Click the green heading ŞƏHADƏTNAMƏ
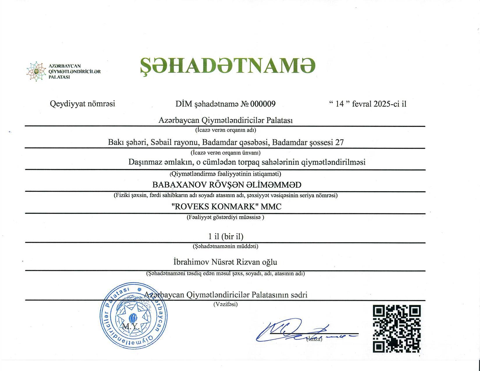pos(228,65)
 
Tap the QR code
pos(397,329)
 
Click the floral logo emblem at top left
pos(36,71)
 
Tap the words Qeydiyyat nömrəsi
pos(82,104)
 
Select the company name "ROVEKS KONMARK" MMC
pos(227,207)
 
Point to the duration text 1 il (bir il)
pos(226,236)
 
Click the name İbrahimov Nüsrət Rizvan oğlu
pos(225,262)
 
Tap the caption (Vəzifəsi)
pos(225,304)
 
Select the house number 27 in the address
pos(339,142)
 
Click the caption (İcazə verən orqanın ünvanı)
pos(225,152)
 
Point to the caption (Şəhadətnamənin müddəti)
pos(225,246)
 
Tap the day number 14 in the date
pos(339,104)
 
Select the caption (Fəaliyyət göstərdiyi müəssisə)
pos(225,217)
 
